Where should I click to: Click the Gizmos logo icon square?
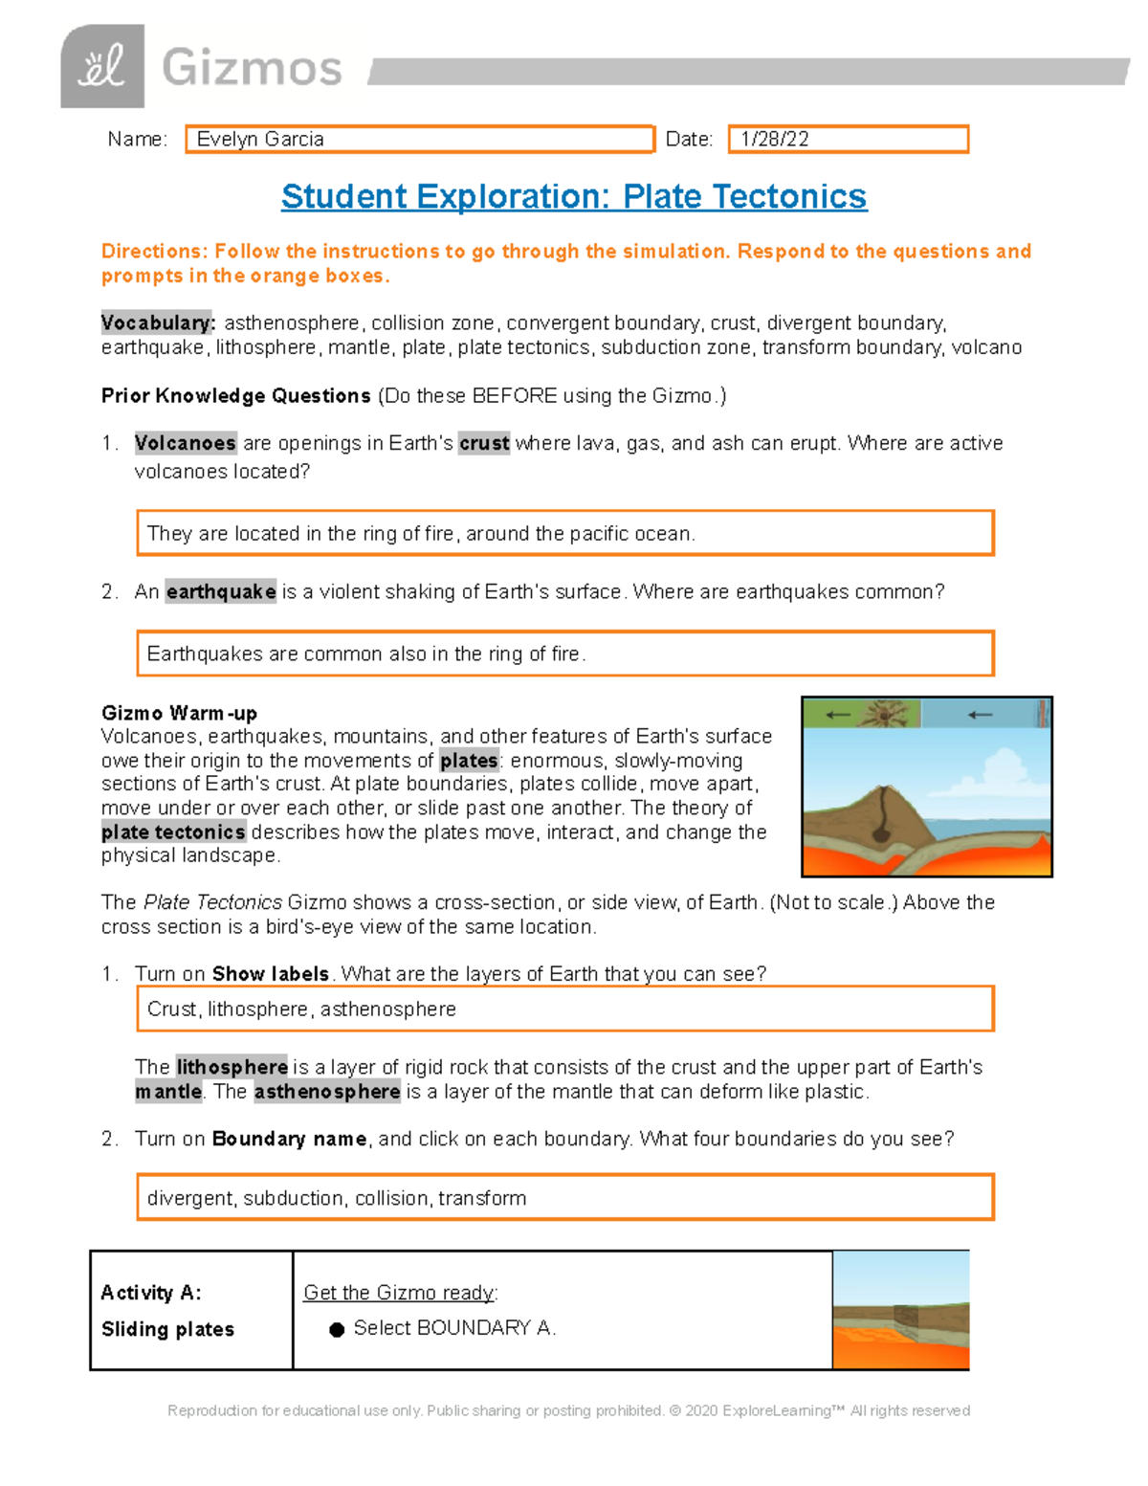102,67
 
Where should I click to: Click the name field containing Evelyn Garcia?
419,140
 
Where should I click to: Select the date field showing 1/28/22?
848,140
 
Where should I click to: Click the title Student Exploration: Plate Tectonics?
574,197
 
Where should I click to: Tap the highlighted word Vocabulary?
158,323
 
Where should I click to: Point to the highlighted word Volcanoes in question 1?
185,444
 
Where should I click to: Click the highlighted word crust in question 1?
484,444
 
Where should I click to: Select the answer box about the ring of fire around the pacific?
564,533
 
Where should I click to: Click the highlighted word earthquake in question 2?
221,592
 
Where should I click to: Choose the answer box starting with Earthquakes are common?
564,654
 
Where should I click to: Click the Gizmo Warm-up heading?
179,713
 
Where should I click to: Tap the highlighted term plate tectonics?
173,832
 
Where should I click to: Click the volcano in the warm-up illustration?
878,809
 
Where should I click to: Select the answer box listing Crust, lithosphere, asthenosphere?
564,1009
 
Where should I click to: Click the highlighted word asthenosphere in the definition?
326,1092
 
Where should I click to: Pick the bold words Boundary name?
289,1140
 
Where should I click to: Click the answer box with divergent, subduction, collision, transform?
564,1198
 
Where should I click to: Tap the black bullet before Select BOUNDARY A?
337,1330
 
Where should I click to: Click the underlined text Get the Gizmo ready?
400,1294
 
